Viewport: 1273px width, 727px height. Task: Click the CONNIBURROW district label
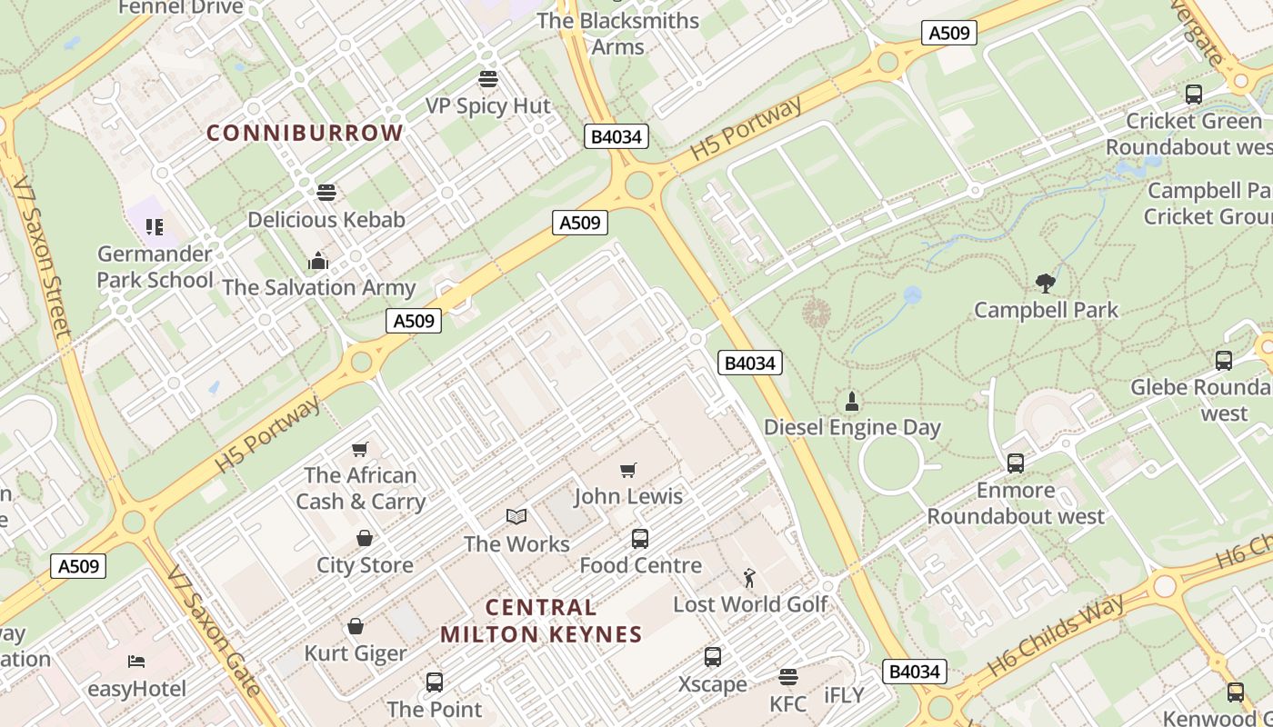(x=305, y=133)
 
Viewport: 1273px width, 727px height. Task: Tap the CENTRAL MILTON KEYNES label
(x=541, y=621)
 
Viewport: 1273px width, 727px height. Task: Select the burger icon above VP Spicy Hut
(x=488, y=79)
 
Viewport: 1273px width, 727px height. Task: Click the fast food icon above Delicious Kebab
(x=326, y=192)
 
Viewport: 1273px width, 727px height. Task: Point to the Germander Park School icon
(x=155, y=226)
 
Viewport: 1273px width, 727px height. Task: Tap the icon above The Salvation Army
(x=317, y=261)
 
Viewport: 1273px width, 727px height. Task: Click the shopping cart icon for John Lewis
(x=628, y=470)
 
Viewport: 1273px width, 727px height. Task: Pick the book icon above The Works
(x=516, y=517)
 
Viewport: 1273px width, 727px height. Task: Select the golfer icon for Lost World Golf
(x=749, y=577)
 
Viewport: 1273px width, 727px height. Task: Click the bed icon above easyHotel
(x=136, y=662)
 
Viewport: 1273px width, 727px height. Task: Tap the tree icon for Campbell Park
(x=1046, y=283)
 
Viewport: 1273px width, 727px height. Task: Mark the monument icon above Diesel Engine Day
(x=852, y=401)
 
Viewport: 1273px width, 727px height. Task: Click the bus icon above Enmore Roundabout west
(x=1016, y=463)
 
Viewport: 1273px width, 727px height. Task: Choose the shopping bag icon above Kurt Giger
(x=356, y=626)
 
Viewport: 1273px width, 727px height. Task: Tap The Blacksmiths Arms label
(x=618, y=34)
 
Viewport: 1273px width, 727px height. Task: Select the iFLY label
(x=844, y=695)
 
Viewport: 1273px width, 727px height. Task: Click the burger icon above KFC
(x=787, y=677)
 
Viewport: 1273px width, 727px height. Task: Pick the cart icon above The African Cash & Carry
(x=360, y=449)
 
